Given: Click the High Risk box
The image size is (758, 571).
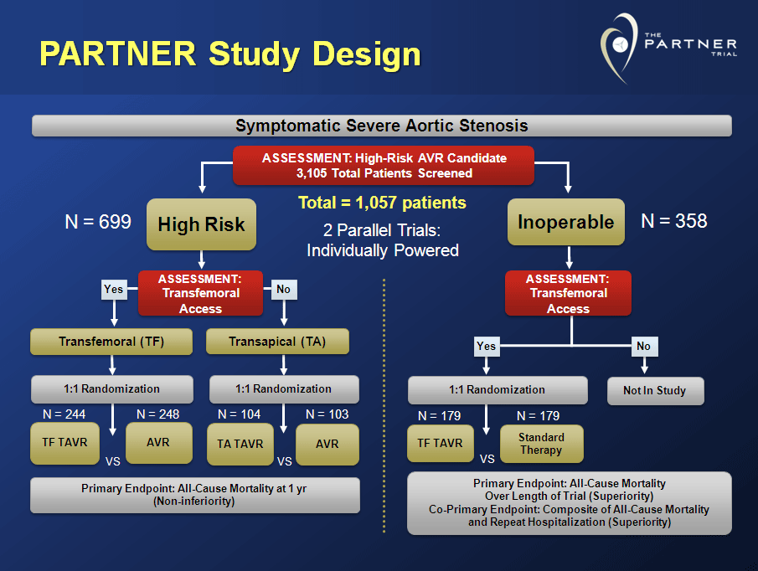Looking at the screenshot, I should point(201,224).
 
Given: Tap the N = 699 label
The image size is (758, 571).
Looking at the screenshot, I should point(98,222).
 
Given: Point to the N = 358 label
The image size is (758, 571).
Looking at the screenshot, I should point(673,221).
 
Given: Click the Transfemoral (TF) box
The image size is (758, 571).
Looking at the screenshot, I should point(112,342).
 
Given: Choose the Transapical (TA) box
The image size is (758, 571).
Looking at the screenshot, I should point(278,342).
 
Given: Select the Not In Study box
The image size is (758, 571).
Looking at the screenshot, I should point(655,390).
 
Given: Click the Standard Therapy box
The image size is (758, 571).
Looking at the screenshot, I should point(541,444).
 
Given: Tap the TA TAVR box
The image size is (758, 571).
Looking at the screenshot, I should point(240,445).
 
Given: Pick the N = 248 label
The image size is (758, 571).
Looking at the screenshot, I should point(157,414).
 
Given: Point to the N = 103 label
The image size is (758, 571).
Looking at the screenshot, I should point(327,414).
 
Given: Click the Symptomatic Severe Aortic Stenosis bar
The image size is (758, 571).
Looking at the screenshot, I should point(381,126).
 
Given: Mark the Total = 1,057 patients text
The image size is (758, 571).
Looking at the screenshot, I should point(382,203).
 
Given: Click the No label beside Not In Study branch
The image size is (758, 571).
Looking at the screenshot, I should point(643,346).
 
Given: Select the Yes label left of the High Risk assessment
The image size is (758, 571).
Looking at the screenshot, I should point(113,289).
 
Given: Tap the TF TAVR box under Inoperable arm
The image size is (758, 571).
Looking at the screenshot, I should point(440,444).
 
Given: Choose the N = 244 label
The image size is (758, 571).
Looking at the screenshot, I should point(64,414).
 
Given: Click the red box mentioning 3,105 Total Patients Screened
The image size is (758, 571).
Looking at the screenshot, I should point(384,165).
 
